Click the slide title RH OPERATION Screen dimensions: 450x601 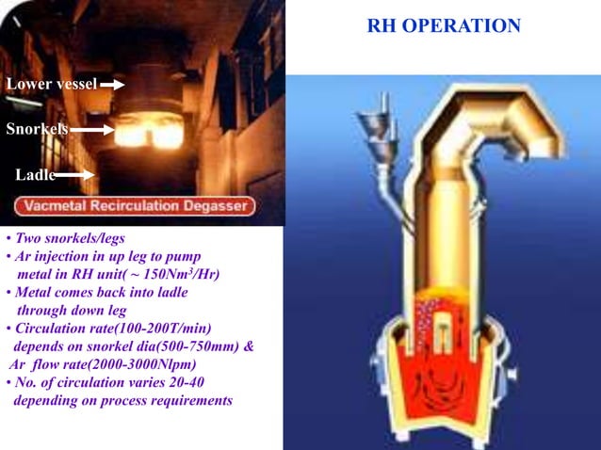tap(444, 26)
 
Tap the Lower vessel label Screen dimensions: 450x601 tap(51, 85)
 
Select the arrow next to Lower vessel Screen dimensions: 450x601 tap(112, 85)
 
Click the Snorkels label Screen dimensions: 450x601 tap(37, 129)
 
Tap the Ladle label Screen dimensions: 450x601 tap(35, 175)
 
